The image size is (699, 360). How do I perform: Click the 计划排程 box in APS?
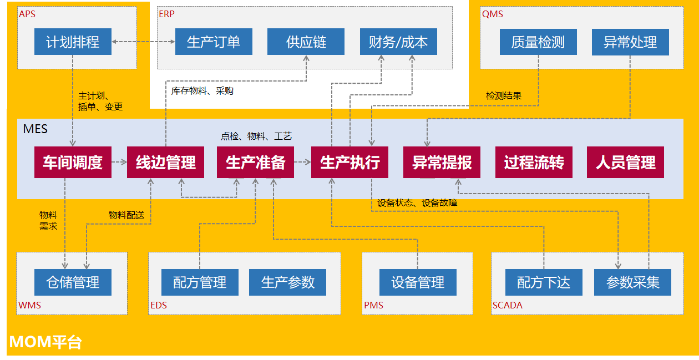click(73, 42)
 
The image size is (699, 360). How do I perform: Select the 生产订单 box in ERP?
click(214, 42)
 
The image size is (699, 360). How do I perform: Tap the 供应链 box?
click(306, 42)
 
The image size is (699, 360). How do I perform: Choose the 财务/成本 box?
click(398, 42)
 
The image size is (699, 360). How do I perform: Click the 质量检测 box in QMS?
click(538, 42)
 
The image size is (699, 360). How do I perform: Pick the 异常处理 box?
click(630, 42)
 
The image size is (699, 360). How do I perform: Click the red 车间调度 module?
click(73, 163)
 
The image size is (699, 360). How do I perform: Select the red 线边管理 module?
click(165, 163)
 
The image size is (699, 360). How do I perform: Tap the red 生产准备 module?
click(256, 163)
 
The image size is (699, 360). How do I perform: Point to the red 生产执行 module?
click(349, 163)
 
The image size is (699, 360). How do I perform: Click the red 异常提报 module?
click(442, 163)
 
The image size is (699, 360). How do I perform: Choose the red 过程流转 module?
click(534, 163)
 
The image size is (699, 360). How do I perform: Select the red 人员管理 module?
click(625, 163)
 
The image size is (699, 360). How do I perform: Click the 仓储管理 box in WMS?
click(73, 282)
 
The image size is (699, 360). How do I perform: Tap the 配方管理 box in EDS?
click(200, 282)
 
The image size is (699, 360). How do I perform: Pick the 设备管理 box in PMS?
click(418, 282)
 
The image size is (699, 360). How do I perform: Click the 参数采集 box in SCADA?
click(632, 282)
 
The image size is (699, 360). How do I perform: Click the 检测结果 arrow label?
click(504, 96)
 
